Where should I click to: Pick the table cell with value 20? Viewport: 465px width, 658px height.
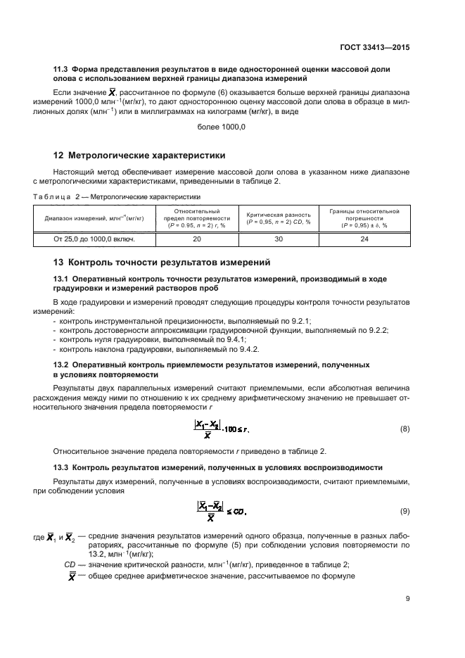pos(196,239)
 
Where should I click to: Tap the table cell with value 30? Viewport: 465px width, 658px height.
pos(278,239)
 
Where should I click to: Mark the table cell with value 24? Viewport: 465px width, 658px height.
pos(364,239)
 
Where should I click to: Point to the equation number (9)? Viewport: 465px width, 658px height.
pos(405,510)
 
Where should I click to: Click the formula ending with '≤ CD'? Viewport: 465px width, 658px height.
pos(221,511)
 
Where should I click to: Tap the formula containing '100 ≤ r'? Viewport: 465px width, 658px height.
pos(221,428)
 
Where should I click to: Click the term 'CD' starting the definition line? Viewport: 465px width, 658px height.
pos(70,564)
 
